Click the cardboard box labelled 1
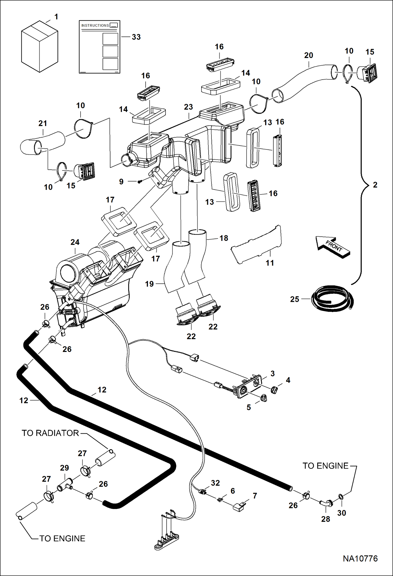click(x=39, y=47)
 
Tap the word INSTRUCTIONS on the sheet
click(x=95, y=25)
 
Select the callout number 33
click(x=136, y=37)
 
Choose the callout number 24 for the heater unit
click(x=75, y=242)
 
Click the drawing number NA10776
click(x=360, y=558)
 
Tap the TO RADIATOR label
click(x=50, y=433)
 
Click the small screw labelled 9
click(x=140, y=181)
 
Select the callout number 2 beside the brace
click(x=375, y=185)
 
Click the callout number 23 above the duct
click(x=188, y=107)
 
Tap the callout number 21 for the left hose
click(x=43, y=123)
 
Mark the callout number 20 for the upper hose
click(x=309, y=55)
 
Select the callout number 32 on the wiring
click(x=215, y=483)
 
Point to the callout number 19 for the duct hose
click(x=149, y=284)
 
